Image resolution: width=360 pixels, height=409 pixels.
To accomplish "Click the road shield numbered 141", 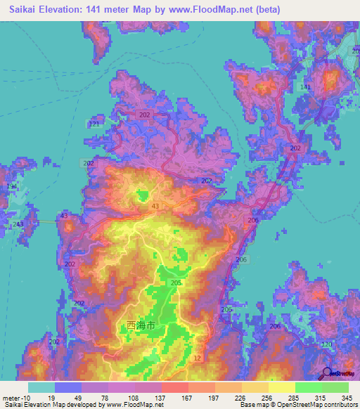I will (304, 86).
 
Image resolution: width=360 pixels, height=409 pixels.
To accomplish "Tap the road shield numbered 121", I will (94, 124).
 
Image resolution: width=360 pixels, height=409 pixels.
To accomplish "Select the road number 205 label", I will (176, 283).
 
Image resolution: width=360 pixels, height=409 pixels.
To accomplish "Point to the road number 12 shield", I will (198, 358).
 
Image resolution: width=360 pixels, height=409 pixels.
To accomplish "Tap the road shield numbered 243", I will (18, 224).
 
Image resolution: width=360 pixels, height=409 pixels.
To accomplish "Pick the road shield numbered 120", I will (327, 344).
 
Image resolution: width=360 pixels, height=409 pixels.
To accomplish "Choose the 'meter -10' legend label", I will (15, 398).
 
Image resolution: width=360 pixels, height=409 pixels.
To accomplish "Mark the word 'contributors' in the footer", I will (339, 405).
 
